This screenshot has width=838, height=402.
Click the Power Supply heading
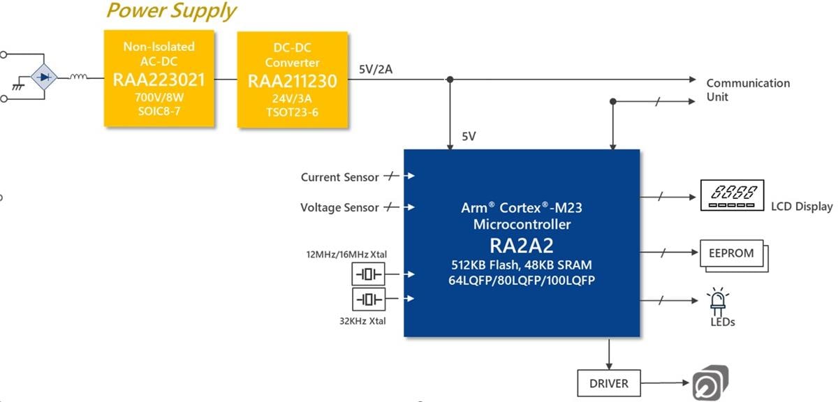tap(171, 11)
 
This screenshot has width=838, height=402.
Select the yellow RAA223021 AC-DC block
tap(159, 78)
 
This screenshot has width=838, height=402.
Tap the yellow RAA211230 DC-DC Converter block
tap(292, 80)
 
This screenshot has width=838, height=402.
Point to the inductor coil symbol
tap(78, 77)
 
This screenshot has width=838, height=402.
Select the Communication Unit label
tap(747, 90)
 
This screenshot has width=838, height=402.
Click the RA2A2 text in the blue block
tap(522, 246)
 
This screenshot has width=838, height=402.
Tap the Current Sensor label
tap(339, 177)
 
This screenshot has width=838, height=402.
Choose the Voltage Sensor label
tap(339, 207)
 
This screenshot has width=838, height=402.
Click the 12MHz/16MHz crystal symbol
tap(368, 274)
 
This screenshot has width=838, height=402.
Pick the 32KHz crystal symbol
tap(368, 299)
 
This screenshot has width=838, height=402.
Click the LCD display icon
tap(732, 196)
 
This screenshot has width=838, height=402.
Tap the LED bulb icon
tap(717, 300)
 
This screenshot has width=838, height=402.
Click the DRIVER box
tap(608, 383)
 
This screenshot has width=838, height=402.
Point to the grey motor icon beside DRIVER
tap(710, 383)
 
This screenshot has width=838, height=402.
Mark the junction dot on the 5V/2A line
tap(450, 79)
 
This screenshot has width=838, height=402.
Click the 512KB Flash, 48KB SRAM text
tap(522, 266)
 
